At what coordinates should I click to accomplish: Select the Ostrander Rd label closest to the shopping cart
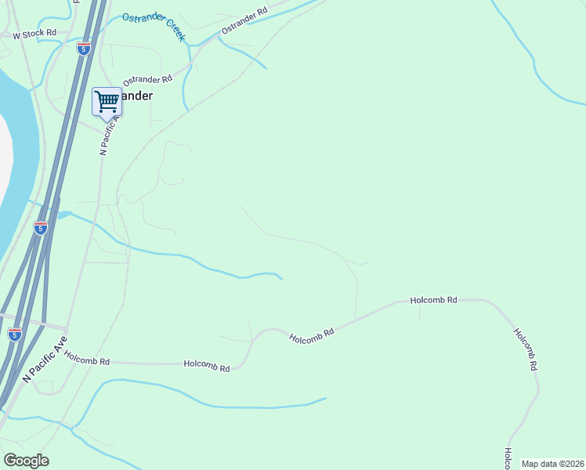click(147, 80)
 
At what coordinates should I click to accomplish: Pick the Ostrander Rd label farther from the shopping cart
click(244, 20)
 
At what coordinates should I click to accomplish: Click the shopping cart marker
click(107, 101)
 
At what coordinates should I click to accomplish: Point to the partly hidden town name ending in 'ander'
click(136, 96)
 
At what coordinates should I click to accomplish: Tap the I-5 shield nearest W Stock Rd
click(83, 48)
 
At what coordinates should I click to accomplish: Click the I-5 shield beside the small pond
click(41, 228)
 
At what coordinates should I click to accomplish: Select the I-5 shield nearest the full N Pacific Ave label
click(15, 334)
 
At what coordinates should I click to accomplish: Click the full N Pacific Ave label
click(45, 360)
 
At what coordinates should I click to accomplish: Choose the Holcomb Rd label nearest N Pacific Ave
click(87, 359)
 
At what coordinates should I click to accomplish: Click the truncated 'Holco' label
click(508, 458)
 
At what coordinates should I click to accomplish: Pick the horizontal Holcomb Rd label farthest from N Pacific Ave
click(434, 300)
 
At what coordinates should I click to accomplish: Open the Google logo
click(26, 461)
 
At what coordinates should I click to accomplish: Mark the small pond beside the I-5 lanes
click(64, 214)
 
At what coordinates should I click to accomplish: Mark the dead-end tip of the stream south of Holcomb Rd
click(324, 399)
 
